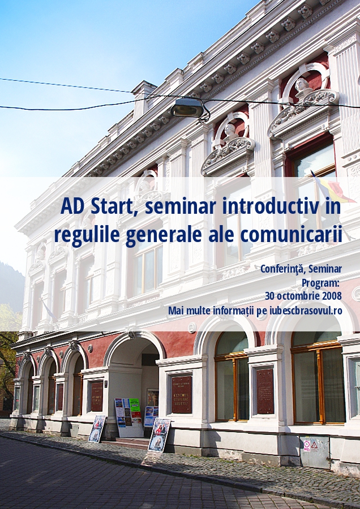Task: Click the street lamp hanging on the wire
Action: [187, 109]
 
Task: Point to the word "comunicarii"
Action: [291, 235]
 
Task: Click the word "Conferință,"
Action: [283, 269]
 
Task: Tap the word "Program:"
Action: [320, 283]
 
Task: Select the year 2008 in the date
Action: [332, 296]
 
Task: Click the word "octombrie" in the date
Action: [299, 296]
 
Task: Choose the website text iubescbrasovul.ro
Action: [306, 310]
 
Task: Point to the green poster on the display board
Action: [135, 404]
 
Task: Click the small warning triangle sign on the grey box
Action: [314, 445]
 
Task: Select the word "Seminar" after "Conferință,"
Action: [325, 269]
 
